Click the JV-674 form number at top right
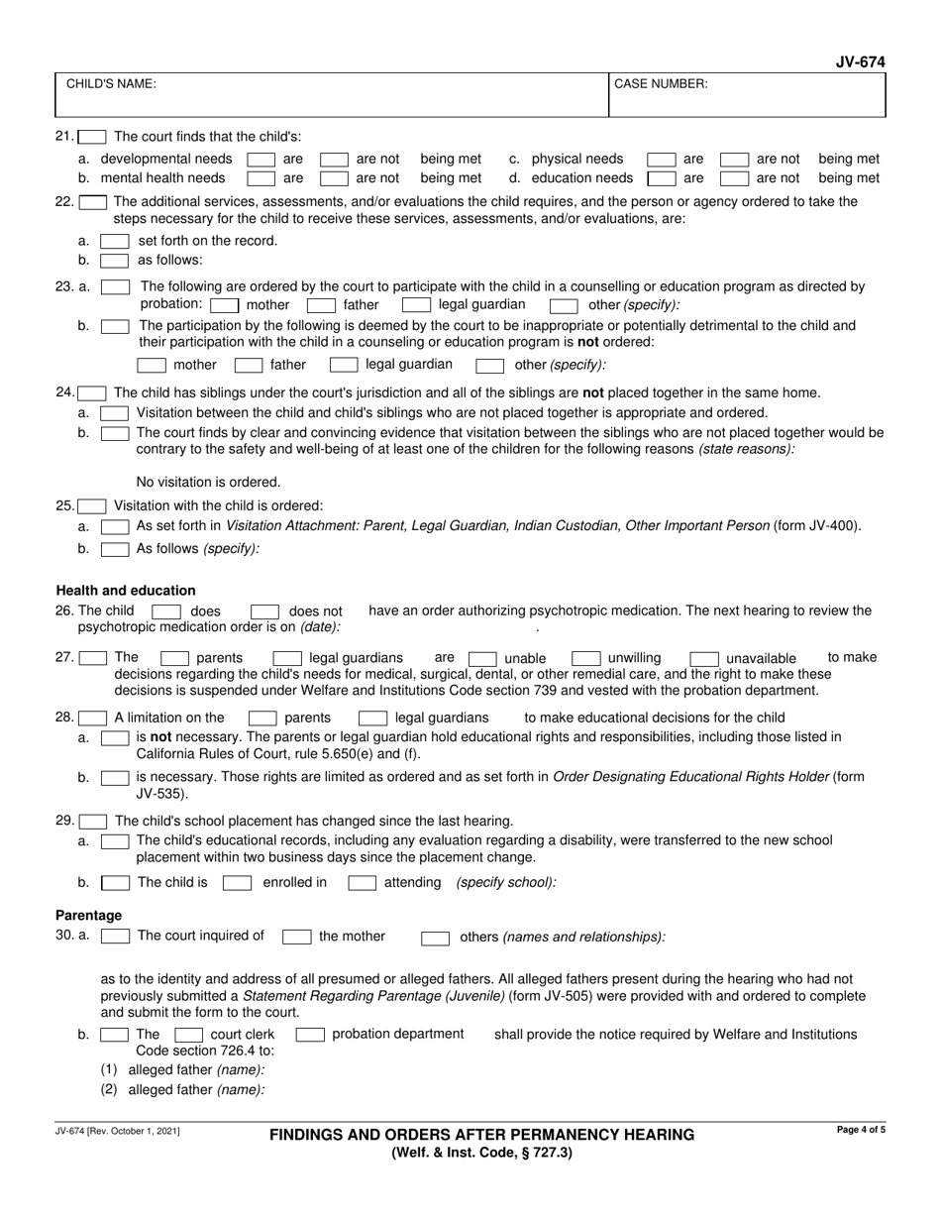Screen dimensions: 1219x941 click(x=860, y=62)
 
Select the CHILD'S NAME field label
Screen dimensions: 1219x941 click(x=110, y=84)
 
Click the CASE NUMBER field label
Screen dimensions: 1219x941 click(x=661, y=84)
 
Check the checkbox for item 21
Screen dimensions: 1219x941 click(x=93, y=137)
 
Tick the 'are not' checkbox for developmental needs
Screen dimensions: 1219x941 click(x=334, y=159)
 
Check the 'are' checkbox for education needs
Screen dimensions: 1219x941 click(x=660, y=178)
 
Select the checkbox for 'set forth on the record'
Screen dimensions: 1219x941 click(x=115, y=241)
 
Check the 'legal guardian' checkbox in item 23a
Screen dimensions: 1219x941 click(x=416, y=305)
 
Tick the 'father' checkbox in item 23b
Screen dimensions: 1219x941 click(x=249, y=365)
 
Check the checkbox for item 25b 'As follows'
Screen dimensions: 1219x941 click(x=115, y=548)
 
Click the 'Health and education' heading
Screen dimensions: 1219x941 click(x=126, y=591)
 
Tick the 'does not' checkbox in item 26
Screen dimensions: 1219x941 click(x=264, y=611)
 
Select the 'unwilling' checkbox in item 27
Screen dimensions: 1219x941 click(x=586, y=658)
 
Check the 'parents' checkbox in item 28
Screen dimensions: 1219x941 click(x=262, y=718)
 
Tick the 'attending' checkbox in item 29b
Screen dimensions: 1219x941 click(x=362, y=882)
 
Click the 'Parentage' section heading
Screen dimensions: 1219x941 click(x=89, y=915)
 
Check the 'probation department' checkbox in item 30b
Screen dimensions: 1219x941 click(x=310, y=1035)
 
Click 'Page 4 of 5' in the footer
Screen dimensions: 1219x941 click(x=860, y=1131)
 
